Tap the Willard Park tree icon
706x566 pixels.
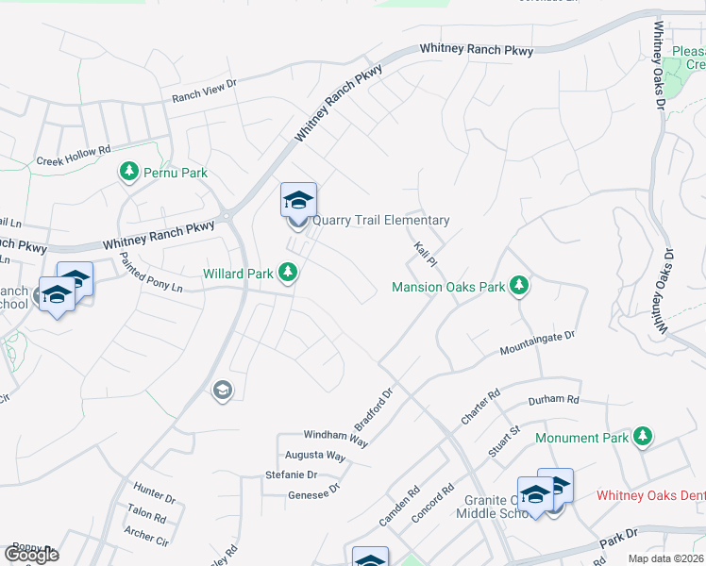[288, 274]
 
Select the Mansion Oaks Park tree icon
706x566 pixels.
[517, 285]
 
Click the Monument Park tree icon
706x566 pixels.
[643, 437]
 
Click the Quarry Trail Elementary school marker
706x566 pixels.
[298, 203]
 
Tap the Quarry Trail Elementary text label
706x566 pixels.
[380, 221]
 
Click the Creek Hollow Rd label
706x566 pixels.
[74, 155]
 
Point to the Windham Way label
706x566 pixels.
[335, 437]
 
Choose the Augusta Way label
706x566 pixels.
[315, 455]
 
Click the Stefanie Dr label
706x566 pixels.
[291, 474]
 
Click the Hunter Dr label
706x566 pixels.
[155, 491]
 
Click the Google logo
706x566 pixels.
[31, 555]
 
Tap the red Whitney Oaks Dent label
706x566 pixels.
[650, 496]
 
